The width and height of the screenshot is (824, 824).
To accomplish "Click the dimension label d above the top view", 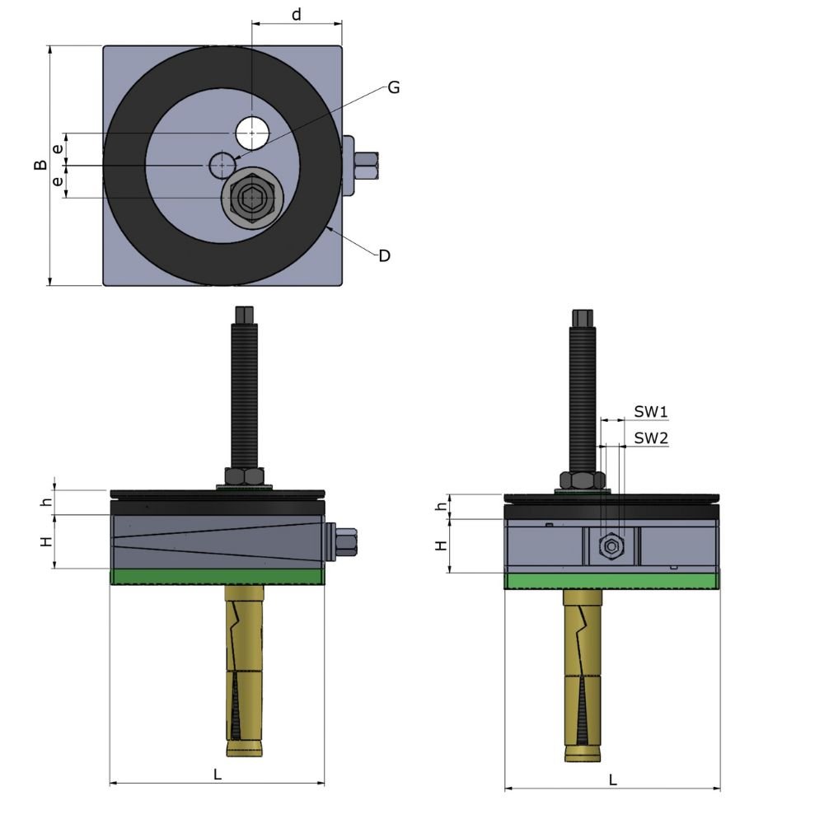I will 297,14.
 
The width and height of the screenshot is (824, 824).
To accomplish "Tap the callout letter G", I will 393,87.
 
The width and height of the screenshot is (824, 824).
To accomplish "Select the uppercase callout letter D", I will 384,255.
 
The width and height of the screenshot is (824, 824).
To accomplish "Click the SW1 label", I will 650,410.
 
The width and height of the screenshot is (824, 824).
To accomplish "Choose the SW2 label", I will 650,438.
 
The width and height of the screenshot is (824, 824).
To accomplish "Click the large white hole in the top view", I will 252,133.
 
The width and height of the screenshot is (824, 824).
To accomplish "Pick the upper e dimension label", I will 57,149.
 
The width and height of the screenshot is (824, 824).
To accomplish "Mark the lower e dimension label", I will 57,181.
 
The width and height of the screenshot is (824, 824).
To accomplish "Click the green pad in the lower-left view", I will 218,577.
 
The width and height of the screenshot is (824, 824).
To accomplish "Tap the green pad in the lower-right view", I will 611,582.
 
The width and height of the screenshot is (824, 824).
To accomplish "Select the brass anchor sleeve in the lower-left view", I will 246,667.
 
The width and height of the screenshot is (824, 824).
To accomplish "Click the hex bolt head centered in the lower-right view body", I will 611,545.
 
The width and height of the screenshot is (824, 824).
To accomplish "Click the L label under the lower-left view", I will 218,775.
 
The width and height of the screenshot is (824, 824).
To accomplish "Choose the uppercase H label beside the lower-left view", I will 46,541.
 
